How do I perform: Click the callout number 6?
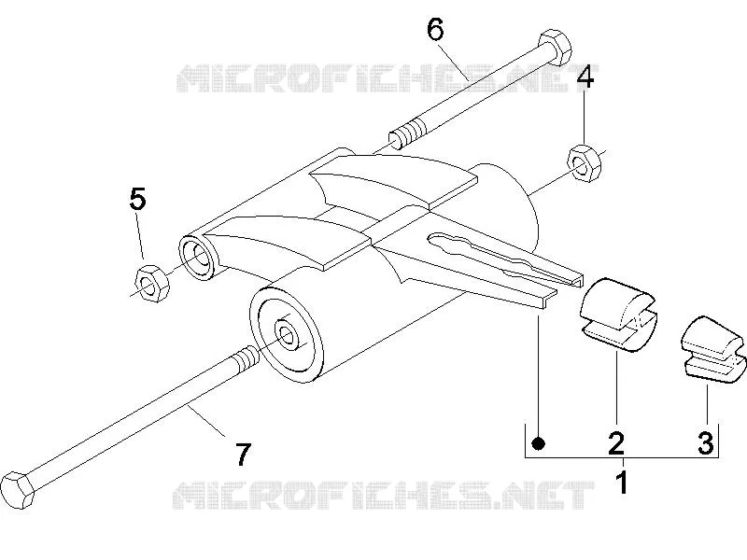tap(435, 30)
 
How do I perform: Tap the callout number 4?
tap(585, 77)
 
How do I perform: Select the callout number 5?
tap(137, 199)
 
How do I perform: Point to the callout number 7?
tap(243, 455)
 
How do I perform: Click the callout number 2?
tap(616, 442)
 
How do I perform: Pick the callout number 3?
tap(706, 442)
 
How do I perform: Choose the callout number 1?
tap(623, 483)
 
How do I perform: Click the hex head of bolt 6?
tap(555, 48)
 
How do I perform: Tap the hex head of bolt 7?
tap(18, 490)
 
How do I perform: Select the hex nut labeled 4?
tap(585, 163)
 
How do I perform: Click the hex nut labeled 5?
tap(152, 284)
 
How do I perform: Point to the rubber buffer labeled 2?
tap(618, 315)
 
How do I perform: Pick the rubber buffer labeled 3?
tap(712, 348)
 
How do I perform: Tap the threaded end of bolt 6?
tap(408, 133)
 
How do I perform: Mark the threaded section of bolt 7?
tap(247, 358)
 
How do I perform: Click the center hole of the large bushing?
tap(287, 336)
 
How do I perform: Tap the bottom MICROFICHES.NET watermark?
tap(384, 495)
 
